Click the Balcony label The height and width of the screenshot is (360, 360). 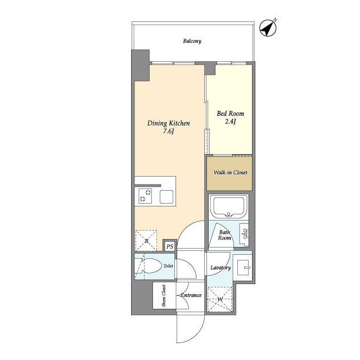192,41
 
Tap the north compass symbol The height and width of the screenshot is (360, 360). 268,28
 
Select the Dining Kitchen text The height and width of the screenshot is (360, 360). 169,124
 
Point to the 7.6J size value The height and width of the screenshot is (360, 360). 169,132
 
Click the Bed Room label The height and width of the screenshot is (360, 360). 230,114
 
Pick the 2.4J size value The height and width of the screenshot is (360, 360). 230,121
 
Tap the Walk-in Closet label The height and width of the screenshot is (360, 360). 230,173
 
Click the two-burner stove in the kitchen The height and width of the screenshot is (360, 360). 145,196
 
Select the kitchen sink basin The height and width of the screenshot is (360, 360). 166,197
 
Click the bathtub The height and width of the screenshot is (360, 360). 228,206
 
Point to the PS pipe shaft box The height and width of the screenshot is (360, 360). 170,246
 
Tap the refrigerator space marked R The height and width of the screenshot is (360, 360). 146,240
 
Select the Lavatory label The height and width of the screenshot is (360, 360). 220,268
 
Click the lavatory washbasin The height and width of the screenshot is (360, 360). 244,268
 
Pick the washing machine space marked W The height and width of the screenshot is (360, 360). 220,299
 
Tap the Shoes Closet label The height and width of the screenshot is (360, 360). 164,296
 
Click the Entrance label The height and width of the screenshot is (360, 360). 191,295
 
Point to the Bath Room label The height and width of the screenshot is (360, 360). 224,235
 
